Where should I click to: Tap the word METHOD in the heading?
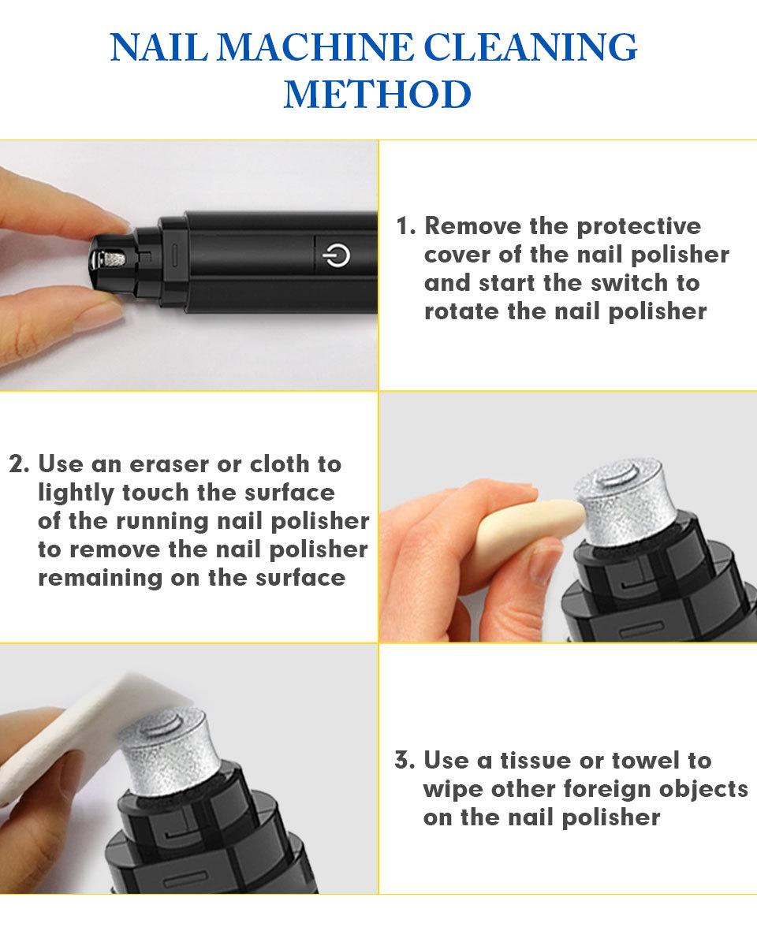[x=377, y=95]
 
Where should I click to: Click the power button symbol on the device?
[x=336, y=255]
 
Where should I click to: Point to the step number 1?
[x=405, y=226]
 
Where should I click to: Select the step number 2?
[x=19, y=464]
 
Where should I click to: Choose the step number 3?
[x=405, y=760]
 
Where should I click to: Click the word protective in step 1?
[x=639, y=226]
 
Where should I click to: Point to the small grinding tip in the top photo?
[x=110, y=259]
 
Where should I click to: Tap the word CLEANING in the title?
[x=531, y=47]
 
